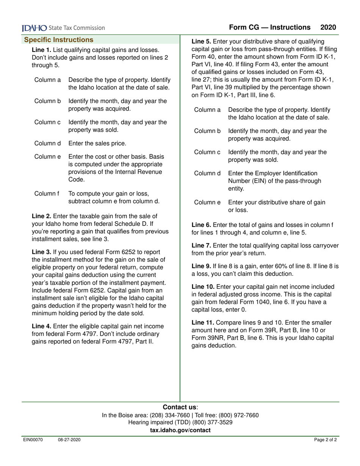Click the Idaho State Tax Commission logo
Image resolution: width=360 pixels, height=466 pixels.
(63, 28)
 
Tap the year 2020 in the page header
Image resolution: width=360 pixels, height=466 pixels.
(328, 27)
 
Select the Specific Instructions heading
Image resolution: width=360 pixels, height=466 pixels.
(59, 40)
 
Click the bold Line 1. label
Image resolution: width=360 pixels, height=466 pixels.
(41, 50)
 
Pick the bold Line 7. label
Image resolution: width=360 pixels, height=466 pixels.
(201, 246)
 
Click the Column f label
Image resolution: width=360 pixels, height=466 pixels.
(47, 194)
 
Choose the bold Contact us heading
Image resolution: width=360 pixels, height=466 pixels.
(180, 407)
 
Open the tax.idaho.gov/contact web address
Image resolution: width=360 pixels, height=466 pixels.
(180, 430)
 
